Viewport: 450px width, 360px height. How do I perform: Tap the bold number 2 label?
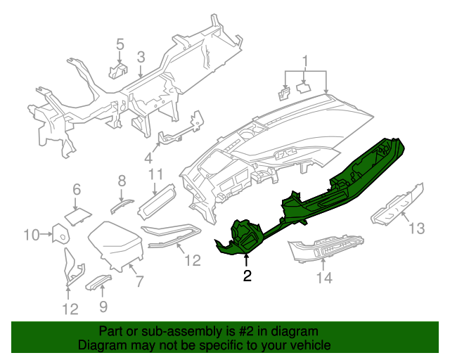click(x=247, y=276)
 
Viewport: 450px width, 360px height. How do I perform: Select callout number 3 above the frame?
click(x=141, y=57)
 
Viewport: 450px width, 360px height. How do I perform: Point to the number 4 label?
click(x=148, y=157)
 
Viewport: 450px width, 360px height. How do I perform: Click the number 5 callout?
click(x=120, y=45)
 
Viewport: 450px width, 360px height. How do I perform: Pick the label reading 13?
click(x=418, y=228)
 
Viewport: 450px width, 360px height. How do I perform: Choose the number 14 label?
click(x=323, y=278)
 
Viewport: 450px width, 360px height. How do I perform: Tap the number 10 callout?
click(x=32, y=234)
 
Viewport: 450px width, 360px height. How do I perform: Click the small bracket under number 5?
click(x=117, y=70)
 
